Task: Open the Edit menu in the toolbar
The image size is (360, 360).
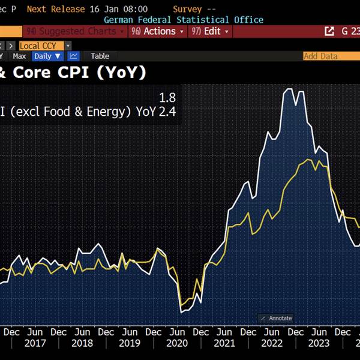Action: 209,31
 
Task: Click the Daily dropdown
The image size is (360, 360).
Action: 47,56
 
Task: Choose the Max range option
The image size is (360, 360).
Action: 20,56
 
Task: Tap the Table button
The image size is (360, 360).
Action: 100,56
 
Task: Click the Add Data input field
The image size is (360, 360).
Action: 330,56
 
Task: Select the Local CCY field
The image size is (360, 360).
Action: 38,46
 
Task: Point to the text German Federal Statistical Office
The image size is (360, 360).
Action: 184,20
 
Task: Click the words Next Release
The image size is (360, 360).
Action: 53,9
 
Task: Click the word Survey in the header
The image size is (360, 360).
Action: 187,9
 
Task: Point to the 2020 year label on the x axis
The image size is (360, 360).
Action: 177,343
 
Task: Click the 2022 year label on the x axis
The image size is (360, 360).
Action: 271,343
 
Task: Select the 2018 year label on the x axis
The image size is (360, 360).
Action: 82,343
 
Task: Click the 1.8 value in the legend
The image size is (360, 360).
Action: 167,97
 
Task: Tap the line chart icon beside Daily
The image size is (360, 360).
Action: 74,56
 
